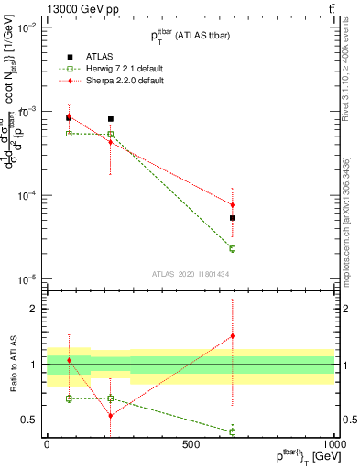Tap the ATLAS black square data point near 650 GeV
[233, 218]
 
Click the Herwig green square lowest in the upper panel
[233, 248]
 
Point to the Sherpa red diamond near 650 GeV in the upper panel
[233, 205]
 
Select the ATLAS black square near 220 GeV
[111, 119]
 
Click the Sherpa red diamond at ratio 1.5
[233, 336]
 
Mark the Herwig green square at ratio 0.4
[233, 431]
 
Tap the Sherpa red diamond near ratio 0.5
[111, 416]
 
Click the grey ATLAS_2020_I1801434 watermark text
[190, 273]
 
